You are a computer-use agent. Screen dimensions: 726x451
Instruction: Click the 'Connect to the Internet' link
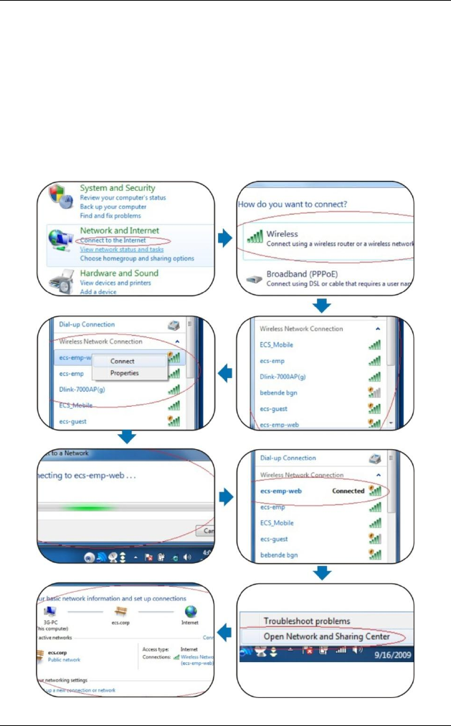point(113,240)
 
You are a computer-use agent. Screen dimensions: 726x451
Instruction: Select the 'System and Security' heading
point(118,188)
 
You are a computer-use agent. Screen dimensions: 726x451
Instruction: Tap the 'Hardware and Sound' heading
point(119,273)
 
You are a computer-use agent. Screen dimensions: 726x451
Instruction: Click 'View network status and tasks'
point(122,249)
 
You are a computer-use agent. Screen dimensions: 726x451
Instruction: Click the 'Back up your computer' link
point(114,207)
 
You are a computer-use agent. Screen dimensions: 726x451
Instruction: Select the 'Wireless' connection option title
point(282,234)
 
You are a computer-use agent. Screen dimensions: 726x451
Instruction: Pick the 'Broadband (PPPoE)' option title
point(302,273)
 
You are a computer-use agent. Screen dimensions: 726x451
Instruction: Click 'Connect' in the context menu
point(123,362)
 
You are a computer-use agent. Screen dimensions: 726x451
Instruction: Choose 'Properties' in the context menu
point(125,373)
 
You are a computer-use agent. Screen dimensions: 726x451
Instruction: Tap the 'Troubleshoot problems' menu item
point(307,621)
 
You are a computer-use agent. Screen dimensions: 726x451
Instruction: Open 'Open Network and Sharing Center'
point(326,636)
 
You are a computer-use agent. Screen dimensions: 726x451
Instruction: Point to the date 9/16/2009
point(392,655)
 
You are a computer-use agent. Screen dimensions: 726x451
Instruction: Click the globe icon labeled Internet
point(190,612)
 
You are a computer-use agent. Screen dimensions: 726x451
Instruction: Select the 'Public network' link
point(65,660)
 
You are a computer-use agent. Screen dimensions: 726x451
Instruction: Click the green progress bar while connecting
point(86,508)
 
